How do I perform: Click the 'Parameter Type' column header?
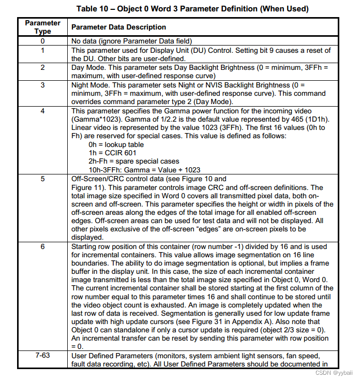coord(42,27)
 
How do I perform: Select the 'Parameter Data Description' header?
coord(118,27)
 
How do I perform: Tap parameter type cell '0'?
coord(42,41)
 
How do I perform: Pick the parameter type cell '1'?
coord(42,50)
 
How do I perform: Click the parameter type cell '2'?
coord(42,67)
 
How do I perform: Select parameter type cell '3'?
coord(42,84)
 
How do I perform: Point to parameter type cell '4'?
coord(42,111)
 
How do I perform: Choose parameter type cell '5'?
coord(42,179)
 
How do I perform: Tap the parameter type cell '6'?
coord(42,246)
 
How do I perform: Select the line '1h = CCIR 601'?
coord(111,153)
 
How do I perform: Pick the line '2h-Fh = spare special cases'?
coord(134,162)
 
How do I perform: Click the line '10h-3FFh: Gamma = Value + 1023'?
coord(144,170)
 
